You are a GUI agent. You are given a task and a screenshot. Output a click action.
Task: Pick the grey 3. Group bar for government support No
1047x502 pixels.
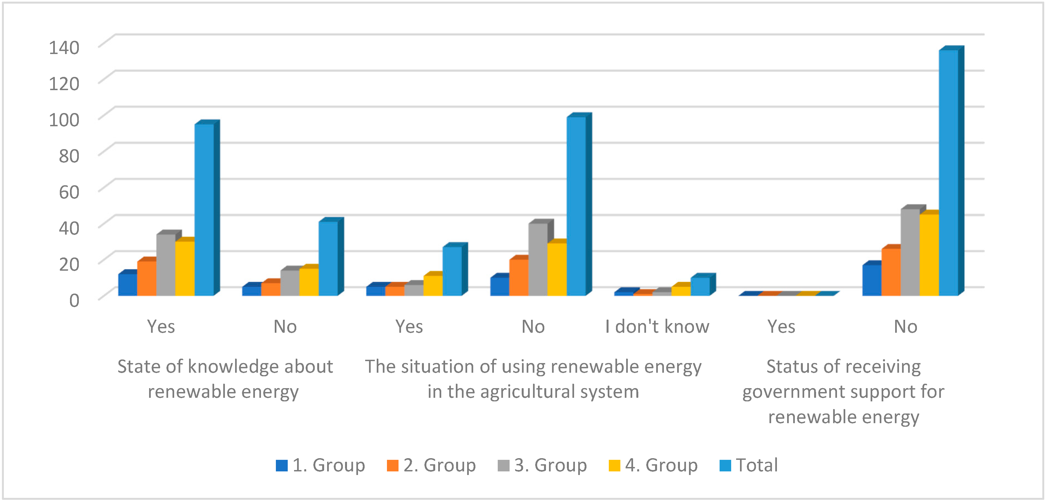point(910,252)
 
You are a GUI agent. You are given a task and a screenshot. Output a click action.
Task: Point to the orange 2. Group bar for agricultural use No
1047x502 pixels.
point(519,277)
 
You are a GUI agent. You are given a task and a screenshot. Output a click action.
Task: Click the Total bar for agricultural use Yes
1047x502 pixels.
point(452,271)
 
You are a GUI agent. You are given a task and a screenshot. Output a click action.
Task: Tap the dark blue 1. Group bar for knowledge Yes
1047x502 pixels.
point(128,284)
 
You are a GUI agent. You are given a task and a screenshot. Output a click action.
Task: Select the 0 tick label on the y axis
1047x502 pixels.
point(74,300)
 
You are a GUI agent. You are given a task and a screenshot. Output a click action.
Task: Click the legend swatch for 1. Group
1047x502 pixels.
point(281,465)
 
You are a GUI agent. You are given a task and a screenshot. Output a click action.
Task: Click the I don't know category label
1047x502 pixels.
point(657,327)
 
